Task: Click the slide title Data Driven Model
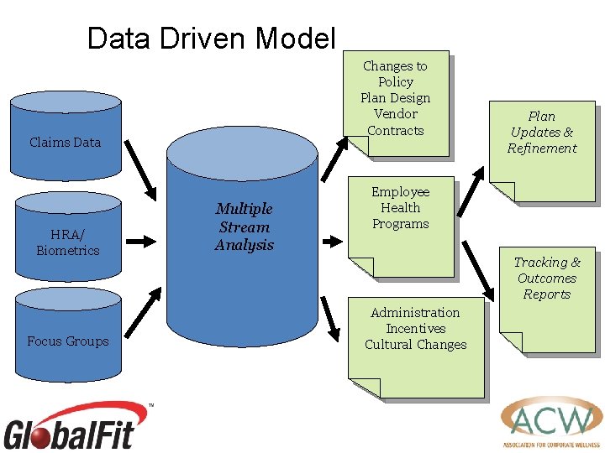click(211, 39)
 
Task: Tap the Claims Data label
click(65, 143)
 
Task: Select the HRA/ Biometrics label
click(68, 242)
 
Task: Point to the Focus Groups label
click(68, 341)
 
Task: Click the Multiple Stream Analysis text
click(244, 226)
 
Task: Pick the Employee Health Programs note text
click(400, 208)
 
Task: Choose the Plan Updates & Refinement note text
click(542, 133)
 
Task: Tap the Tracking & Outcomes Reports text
click(547, 279)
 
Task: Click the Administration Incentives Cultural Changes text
click(415, 329)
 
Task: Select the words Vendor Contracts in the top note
click(396, 122)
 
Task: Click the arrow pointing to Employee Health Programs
click(334, 241)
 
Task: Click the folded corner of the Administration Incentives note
click(366, 388)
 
